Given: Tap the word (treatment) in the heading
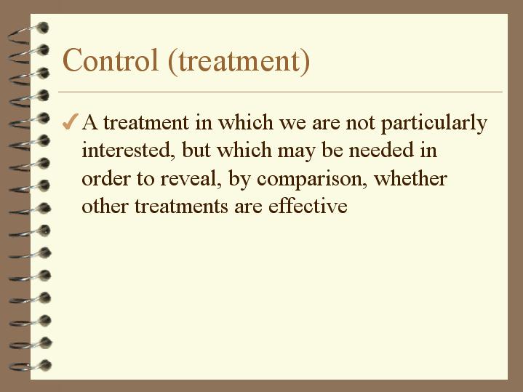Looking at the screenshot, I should tap(239, 61).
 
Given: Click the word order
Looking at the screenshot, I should tap(103, 179).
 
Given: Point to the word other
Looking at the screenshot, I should tap(103, 206).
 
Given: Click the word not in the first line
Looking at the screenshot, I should tap(359, 123).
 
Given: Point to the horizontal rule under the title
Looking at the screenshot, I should tap(280, 92).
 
